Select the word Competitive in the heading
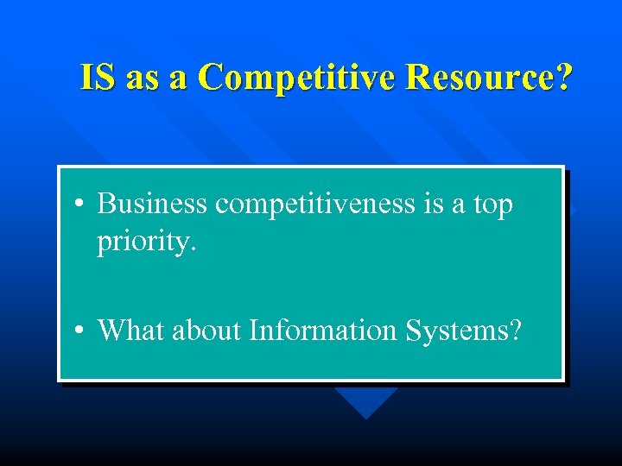pyautogui.click(x=296, y=77)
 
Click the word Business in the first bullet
pyautogui.click(x=152, y=205)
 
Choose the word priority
pyautogui.click(x=147, y=242)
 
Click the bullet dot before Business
pyautogui.click(x=79, y=206)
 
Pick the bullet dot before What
pyautogui.click(x=79, y=331)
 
